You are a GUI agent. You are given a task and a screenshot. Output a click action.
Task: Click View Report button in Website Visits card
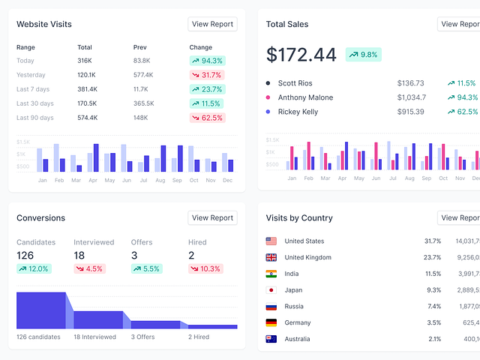click(x=212, y=24)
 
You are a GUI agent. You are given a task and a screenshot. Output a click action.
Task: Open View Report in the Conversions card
click(x=212, y=217)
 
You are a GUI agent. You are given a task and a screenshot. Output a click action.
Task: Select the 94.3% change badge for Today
click(x=207, y=61)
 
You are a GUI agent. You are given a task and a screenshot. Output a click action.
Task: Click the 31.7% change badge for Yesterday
click(x=207, y=75)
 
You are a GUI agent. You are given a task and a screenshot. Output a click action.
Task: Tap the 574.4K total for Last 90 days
click(x=87, y=118)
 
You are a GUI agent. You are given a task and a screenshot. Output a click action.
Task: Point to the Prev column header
click(x=140, y=47)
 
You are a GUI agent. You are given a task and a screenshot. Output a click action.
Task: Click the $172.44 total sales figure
click(x=301, y=55)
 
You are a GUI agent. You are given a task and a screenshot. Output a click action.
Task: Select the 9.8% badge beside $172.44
click(x=363, y=54)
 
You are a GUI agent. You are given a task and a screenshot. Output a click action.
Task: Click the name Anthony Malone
click(x=305, y=97)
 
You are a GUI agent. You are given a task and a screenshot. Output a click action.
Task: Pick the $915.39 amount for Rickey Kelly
click(x=410, y=112)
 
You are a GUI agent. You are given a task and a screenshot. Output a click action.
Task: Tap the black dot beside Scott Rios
click(x=268, y=83)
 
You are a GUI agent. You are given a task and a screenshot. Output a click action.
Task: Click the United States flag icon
click(x=271, y=241)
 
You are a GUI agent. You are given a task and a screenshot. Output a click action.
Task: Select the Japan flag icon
click(x=271, y=289)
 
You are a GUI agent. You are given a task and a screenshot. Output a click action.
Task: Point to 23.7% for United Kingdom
click(x=432, y=257)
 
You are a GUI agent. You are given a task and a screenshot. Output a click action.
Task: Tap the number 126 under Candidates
click(x=25, y=256)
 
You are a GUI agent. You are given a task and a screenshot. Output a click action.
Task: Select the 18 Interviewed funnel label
click(x=94, y=337)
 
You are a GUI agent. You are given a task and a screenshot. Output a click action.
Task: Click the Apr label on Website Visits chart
click(x=93, y=181)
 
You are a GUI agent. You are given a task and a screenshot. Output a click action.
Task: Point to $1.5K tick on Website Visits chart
click(x=23, y=142)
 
